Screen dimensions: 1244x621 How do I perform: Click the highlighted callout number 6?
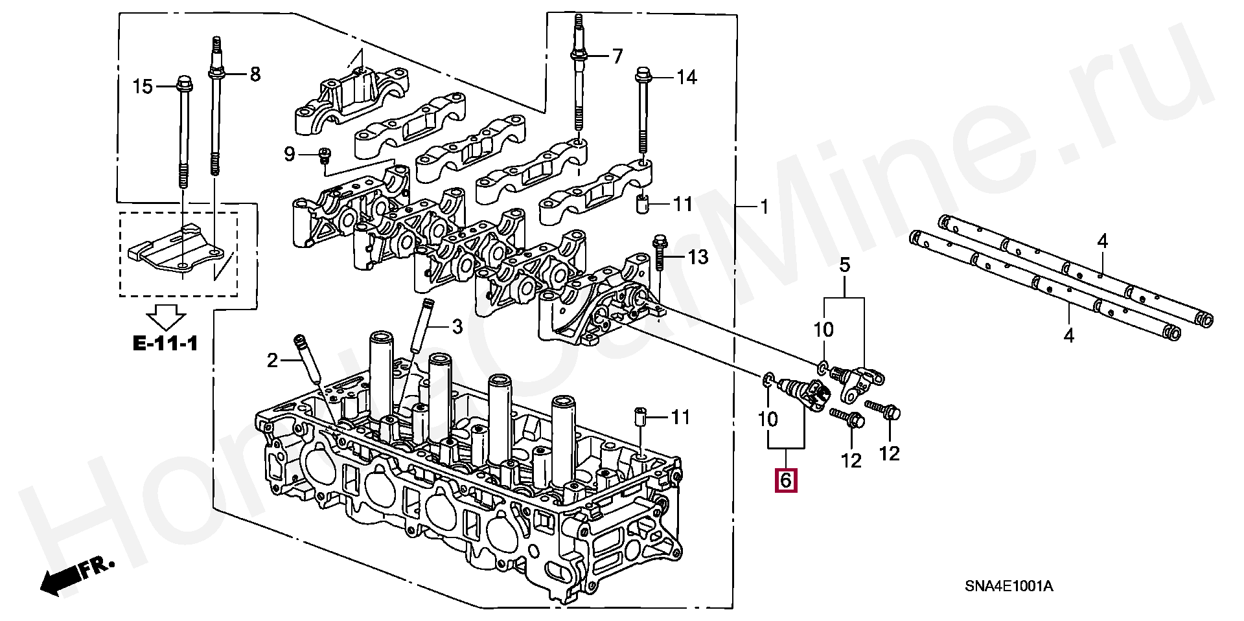(785, 480)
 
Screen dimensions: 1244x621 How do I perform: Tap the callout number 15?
(143, 86)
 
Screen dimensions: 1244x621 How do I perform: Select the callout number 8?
(255, 74)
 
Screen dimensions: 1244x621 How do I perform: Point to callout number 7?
(617, 56)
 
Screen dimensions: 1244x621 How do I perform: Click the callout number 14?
(687, 78)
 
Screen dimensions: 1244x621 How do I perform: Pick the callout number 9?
(290, 154)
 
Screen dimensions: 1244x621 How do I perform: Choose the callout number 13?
(698, 257)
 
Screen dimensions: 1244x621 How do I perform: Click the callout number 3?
(457, 327)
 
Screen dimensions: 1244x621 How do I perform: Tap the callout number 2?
(273, 360)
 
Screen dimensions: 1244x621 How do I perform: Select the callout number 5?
(845, 265)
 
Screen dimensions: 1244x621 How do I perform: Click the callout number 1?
(765, 207)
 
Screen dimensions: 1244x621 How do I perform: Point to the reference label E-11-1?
(165, 343)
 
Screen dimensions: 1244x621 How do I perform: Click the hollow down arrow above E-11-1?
(166, 317)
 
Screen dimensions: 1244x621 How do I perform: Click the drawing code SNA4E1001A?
(1009, 587)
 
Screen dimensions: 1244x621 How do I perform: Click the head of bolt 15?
(184, 84)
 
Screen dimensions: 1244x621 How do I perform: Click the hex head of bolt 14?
(643, 73)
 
